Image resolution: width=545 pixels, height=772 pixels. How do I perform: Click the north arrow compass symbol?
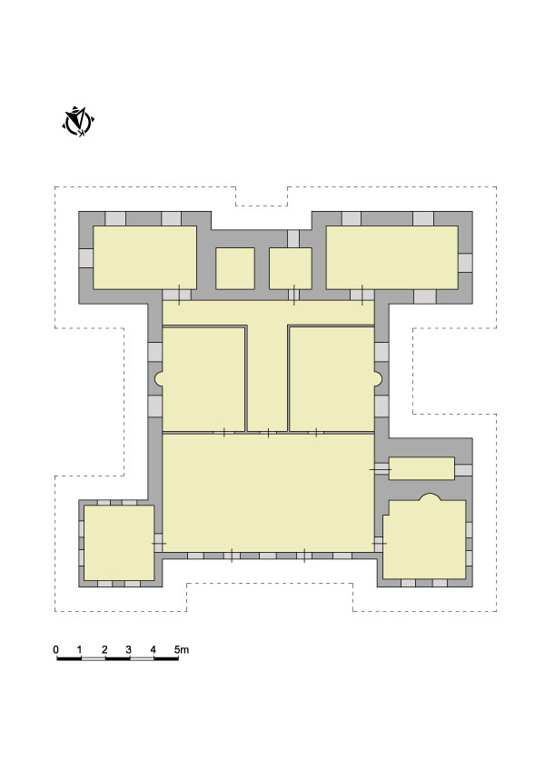(x=78, y=121)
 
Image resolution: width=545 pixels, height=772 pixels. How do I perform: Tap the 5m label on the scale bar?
(x=182, y=649)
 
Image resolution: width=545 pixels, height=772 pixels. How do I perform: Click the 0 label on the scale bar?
(x=56, y=649)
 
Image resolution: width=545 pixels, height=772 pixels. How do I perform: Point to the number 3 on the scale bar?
(x=128, y=649)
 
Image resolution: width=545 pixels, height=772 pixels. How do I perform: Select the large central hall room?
(x=268, y=492)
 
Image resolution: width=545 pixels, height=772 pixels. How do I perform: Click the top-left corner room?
(x=145, y=257)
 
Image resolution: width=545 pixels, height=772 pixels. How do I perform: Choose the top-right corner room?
(x=392, y=257)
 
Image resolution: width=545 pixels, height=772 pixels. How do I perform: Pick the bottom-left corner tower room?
(x=119, y=543)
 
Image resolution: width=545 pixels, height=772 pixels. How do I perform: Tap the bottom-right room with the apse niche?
(x=424, y=539)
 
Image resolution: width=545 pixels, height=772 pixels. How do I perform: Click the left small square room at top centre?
(x=235, y=268)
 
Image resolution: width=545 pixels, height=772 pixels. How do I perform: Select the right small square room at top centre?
(x=290, y=268)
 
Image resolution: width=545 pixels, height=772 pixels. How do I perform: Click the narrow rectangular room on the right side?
(x=421, y=468)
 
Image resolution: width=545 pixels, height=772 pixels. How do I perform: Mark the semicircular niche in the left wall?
(x=158, y=378)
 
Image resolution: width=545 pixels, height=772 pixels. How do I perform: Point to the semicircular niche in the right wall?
(x=377, y=378)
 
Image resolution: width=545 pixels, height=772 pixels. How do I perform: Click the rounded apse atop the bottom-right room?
(x=430, y=497)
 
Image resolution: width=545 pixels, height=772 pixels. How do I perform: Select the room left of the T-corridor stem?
(x=203, y=378)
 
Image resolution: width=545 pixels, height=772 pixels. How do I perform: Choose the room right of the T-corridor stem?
(x=332, y=378)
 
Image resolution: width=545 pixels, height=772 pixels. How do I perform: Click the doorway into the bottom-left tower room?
(x=158, y=543)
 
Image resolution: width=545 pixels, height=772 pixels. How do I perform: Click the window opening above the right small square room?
(x=293, y=239)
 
